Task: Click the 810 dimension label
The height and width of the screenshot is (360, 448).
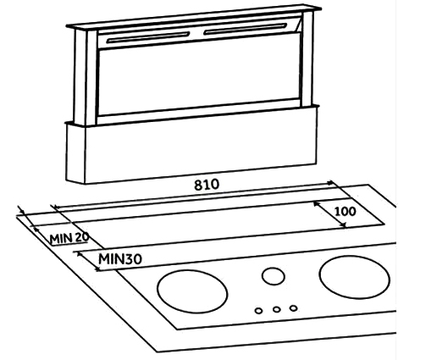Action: pyautogui.click(x=207, y=185)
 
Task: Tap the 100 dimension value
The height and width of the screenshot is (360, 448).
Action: pyautogui.click(x=346, y=212)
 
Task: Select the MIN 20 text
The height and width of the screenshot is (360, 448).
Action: pyautogui.click(x=69, y=238)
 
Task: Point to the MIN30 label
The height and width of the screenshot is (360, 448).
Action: pyautogui.click(x=120, y=259)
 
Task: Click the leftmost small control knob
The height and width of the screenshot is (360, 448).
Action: pyautogui.click(x=258, y=311)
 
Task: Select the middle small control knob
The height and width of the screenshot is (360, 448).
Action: pyautogui.click(x=276, y=309)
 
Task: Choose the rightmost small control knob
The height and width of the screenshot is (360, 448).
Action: pyautogui.click(x=293, y=308)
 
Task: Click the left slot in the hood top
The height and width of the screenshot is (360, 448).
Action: pyautogui.click(x=148, y=37)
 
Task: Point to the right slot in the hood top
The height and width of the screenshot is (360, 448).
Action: pyautogui.click(x=246, y=29)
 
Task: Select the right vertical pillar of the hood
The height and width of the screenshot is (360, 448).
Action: pyautogui.click(x=307, y=58)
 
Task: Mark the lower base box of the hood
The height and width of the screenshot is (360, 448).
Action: pyautogui.click(x=191, y=145)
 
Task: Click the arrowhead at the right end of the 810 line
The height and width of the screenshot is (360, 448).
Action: pyautogui.click(x=330, y=182)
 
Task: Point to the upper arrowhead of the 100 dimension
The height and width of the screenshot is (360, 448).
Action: pyautogui.click(x=316, y=203)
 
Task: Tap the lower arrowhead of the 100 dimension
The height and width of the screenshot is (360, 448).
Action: pyautogui.click(x=344, y=225)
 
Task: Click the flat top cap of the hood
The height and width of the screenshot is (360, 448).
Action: pyautogui.click(x=194, y=17)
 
